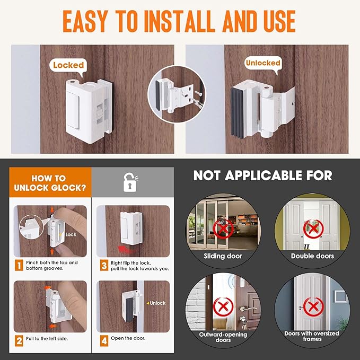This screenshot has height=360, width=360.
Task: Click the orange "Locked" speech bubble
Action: point(68,65)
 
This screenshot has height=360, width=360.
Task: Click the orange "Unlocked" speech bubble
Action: point(262,63)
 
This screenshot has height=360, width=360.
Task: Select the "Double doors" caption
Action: point(312,256)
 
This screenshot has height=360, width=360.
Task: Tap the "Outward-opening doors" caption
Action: point(222,337)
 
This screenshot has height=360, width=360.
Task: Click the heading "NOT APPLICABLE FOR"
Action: point(262,175)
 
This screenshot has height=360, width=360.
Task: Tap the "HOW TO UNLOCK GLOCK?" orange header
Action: point(48,183)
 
